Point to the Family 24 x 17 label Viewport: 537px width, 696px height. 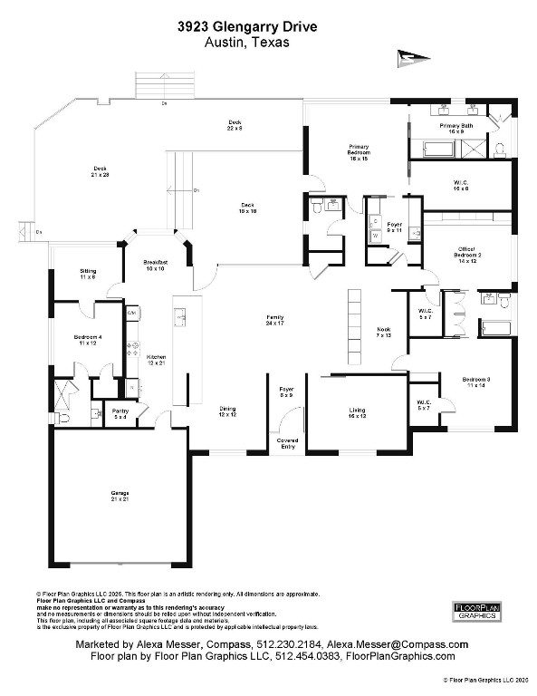click(x=274, y=320)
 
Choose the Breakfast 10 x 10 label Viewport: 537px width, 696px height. click(x=156, y=266)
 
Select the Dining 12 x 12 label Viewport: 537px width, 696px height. click(x=227, y=411)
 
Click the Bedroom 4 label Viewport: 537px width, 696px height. click(x=87, y=341)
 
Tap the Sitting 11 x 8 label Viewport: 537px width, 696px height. click(x=88, y=273)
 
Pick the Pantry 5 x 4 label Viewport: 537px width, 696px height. click(x=120, y=413)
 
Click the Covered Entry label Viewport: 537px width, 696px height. click(x=288, y=443)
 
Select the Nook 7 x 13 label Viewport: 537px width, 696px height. click(x=383, y=333)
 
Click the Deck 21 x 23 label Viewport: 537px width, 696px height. click(x=100, y=170)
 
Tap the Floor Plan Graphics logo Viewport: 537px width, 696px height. click(x=475, y=610)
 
